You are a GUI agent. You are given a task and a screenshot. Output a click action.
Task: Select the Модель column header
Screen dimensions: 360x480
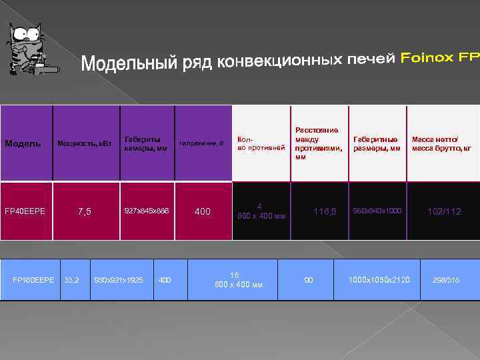coord(23,143)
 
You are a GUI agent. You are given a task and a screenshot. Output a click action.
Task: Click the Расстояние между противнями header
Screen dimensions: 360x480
coord(317,143)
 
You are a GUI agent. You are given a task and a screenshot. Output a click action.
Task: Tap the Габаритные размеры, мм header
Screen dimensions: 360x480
coord(377,143)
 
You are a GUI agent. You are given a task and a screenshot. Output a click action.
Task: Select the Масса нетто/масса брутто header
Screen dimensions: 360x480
coord(441,143)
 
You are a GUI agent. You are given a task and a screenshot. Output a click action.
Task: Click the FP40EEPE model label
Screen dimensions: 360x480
coord(25,211)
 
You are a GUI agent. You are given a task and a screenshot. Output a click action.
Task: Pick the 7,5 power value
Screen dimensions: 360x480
coord(85,212)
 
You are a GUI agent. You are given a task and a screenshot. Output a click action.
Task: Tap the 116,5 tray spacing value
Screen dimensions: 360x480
coord(325,211)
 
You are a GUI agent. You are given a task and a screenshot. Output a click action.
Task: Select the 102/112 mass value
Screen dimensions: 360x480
coord(444,211)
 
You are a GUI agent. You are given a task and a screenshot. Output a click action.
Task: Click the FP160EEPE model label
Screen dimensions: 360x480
coord(33,280)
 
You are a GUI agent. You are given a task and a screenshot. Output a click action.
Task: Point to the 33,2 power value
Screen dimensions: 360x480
coord(72,280)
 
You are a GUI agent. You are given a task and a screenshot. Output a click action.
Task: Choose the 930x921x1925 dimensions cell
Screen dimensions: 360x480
coord(119,280)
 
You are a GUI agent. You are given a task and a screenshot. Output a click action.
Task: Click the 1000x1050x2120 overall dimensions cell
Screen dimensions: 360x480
coord(379,280)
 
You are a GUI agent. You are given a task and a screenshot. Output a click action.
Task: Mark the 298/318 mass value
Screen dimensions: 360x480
coord(445,280)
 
